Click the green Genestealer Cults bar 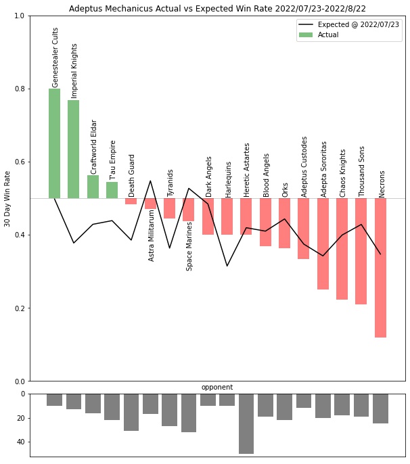54,143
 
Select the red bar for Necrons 380,267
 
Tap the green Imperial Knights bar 73,149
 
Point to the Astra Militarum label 152,235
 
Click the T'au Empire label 113,160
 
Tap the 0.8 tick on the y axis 18,89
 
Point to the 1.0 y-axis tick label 18,16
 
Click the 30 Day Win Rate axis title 7,199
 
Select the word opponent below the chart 217,388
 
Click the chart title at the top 217,7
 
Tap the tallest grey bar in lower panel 246,423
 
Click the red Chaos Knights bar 342,248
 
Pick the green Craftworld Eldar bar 93,187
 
